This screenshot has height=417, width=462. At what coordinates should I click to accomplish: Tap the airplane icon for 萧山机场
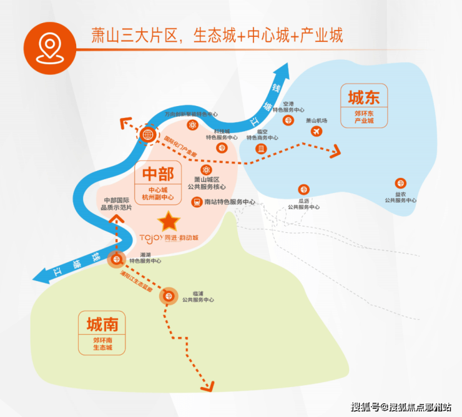click(316, 132)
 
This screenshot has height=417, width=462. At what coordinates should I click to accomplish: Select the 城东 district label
click(363, 98)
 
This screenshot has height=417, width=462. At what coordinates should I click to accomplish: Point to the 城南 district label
click(102, 323)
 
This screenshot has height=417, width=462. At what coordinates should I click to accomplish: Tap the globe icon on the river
click(148, 134)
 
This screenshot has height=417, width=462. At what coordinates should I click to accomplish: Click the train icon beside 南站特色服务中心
click(196, 202)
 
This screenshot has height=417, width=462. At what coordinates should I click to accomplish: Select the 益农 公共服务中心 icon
click(400, 184)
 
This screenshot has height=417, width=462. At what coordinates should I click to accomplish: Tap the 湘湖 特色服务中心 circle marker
click(115, 260)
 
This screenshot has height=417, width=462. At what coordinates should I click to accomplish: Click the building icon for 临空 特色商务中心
click(261, 148)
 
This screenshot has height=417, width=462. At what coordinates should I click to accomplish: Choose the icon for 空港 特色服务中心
click(288, 120)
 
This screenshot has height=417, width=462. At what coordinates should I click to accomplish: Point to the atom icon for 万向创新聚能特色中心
click(193, 125)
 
